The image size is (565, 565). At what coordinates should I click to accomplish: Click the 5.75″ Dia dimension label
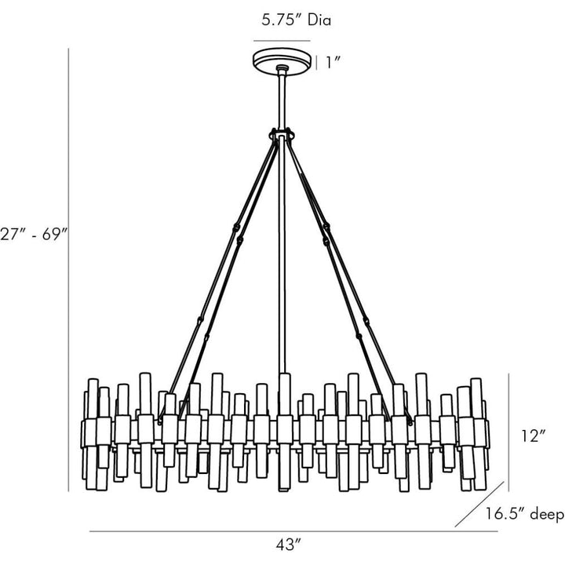tap(296, 20)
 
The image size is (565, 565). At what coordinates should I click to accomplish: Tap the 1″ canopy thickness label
tap(333, 63)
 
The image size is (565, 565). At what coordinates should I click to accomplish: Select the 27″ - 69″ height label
tap(34, 234)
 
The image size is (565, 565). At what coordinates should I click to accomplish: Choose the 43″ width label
tap(288, 545)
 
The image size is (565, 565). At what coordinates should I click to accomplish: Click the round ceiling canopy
tap(282, 63)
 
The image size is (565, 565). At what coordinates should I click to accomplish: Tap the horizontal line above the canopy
tap(282, 41)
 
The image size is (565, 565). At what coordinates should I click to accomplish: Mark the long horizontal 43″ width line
tap(293, 530)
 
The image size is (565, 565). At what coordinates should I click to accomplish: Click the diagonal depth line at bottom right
tap(479, 504)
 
